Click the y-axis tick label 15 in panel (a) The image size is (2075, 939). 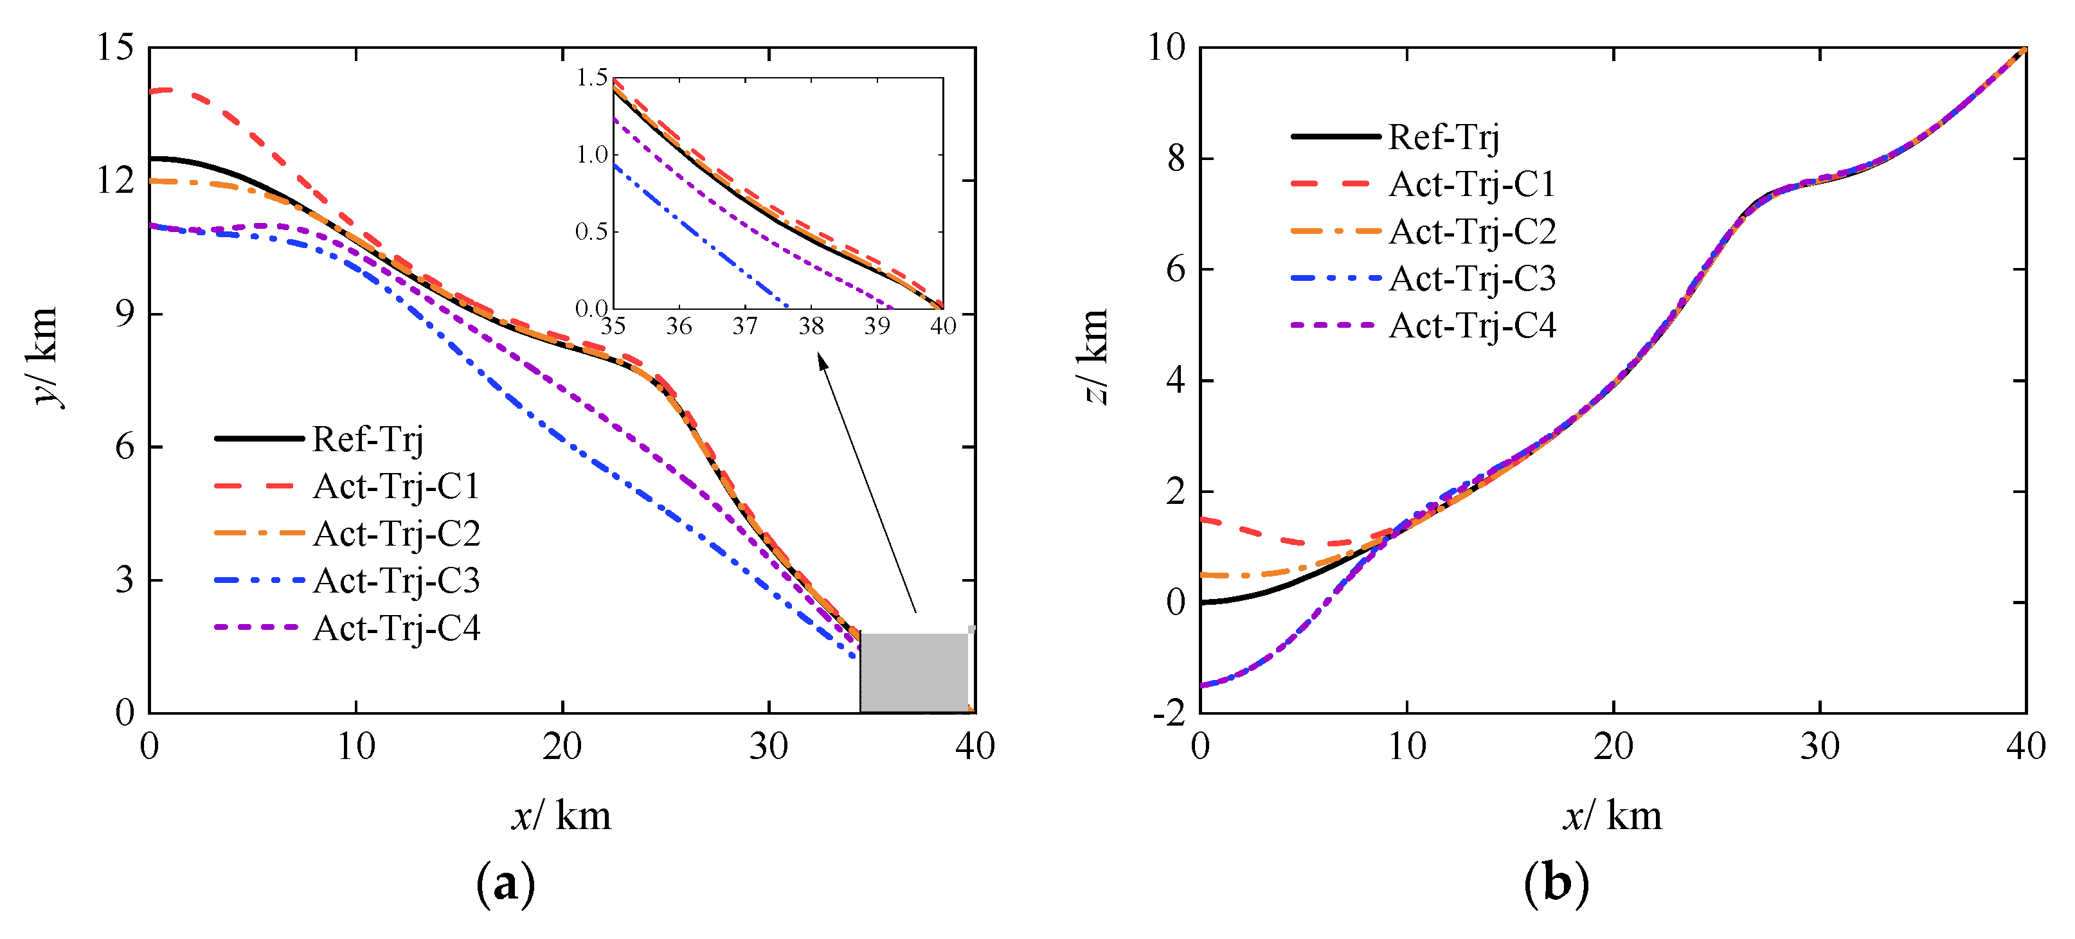pos(115,48)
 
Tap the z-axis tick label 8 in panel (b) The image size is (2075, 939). pos(1176,159)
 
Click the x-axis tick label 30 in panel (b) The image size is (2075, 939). pos(1820,747)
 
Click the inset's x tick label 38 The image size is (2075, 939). pos(811,326)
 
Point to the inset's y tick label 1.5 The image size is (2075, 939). pos(591,78)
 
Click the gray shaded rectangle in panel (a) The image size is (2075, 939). pos(913,672)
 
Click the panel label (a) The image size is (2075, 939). pos(505,884)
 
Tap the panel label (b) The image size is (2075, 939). pos(1556,884)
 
